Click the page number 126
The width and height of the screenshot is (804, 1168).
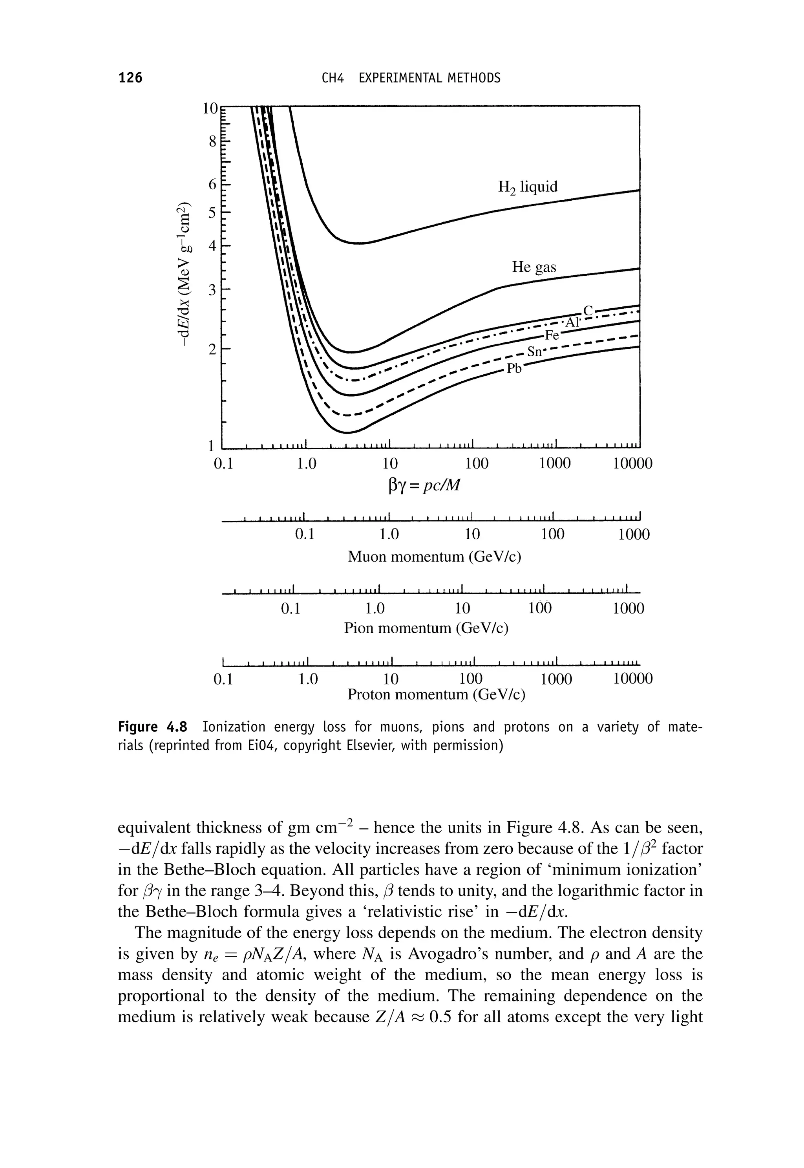[x=130, y=78]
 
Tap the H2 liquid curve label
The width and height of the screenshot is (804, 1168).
[x=528, y=187]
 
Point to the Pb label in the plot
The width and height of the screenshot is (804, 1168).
[x=514, y=368]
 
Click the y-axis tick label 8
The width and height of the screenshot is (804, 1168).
[x=212, y=141]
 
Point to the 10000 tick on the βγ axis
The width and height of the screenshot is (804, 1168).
[x=632, y=463]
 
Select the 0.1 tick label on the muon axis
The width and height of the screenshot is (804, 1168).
[x=304, y=534]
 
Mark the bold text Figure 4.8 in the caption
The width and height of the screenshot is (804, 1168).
[x=153, y=727]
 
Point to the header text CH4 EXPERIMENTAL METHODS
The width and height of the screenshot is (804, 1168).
[x=411, y=78]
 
